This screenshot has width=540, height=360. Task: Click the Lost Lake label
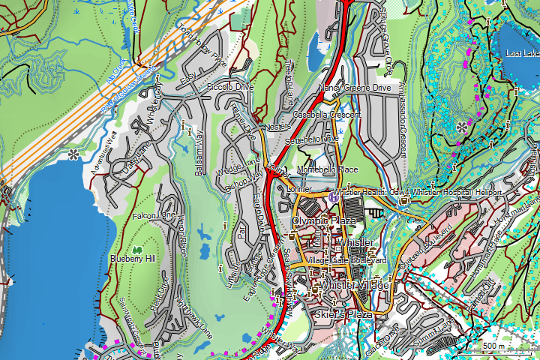[x=522, y=54]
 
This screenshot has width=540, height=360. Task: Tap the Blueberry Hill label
[x=133, y=259]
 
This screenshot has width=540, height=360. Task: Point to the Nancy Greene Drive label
[x=355, y=88]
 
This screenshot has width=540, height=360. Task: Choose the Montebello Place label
[x=327, y=170]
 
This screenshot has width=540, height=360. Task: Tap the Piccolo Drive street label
[x=230, y=88]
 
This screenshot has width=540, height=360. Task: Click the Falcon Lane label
[x=154, y=216]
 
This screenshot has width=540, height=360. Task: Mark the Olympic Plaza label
[x=323, y=222]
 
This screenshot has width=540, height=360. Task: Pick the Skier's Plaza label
[x=343, y=314]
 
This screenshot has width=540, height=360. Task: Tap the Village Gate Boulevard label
[x=346, y=260]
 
